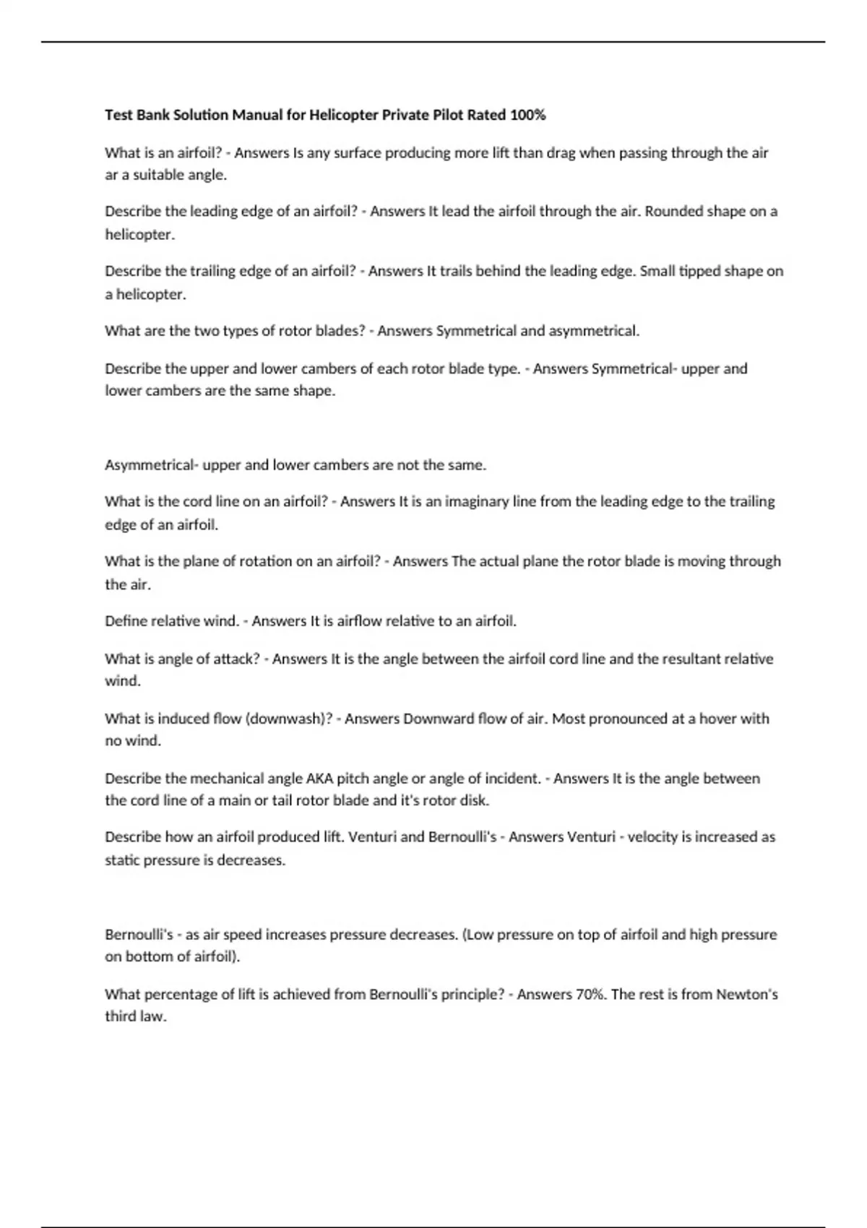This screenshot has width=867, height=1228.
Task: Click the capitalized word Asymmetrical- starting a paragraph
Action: click(x=152, y=465)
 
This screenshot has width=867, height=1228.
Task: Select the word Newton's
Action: click(x=746, y=994)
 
